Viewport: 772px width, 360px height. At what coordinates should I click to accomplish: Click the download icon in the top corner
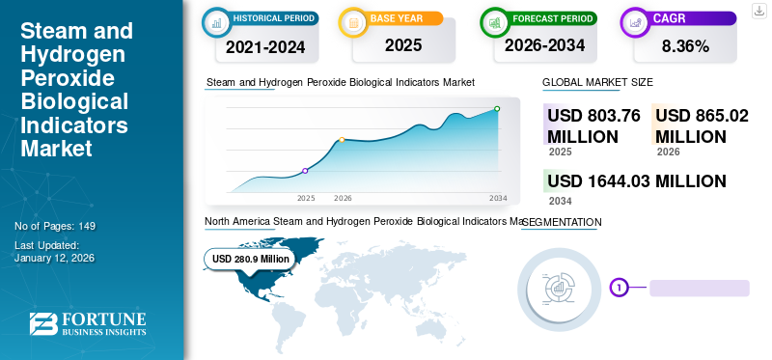[x=757, y=13]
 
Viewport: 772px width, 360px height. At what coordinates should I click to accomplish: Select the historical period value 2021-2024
[x=264, y=45]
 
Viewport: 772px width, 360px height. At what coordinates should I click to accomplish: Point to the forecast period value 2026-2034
[x=543, y=45]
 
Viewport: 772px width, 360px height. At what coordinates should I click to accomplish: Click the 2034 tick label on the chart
[x=498, y=198]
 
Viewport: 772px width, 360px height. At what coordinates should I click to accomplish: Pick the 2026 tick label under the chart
[x=343, y=198]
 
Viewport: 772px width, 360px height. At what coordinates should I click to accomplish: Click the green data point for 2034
[x=497, y=109]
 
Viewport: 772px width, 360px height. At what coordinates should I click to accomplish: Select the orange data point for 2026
[x=342, y=140]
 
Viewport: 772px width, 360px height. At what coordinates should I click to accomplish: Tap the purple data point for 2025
[x=306, y=171]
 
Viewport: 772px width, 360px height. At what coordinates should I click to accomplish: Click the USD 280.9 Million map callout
[x=250, y=259]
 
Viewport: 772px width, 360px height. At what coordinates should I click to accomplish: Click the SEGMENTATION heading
[x=562, y=222]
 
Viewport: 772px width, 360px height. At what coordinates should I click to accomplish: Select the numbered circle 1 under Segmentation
[x=619, y=287]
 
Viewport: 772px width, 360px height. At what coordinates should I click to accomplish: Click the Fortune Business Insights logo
[x=88, y=323]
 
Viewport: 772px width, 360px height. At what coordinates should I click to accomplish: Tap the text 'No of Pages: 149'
[x=55, y=226]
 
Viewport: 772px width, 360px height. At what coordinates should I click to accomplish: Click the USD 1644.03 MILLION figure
[x=636, y=180]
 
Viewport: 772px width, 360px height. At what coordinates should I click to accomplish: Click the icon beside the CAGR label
[x=636, y=19]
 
